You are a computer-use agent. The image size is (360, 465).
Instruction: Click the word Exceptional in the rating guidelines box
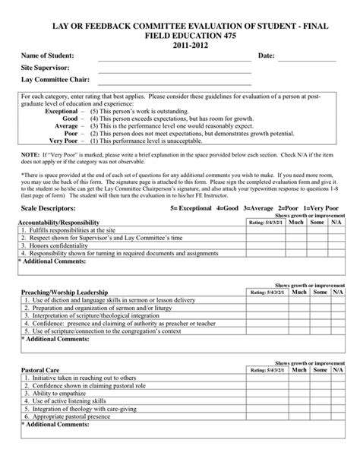[62, 112]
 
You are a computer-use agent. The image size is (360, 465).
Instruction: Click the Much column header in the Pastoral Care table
[298, 370]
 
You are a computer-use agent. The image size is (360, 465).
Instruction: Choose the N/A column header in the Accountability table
[338, 223]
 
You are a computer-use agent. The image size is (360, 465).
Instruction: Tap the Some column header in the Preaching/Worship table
[319, 292]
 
